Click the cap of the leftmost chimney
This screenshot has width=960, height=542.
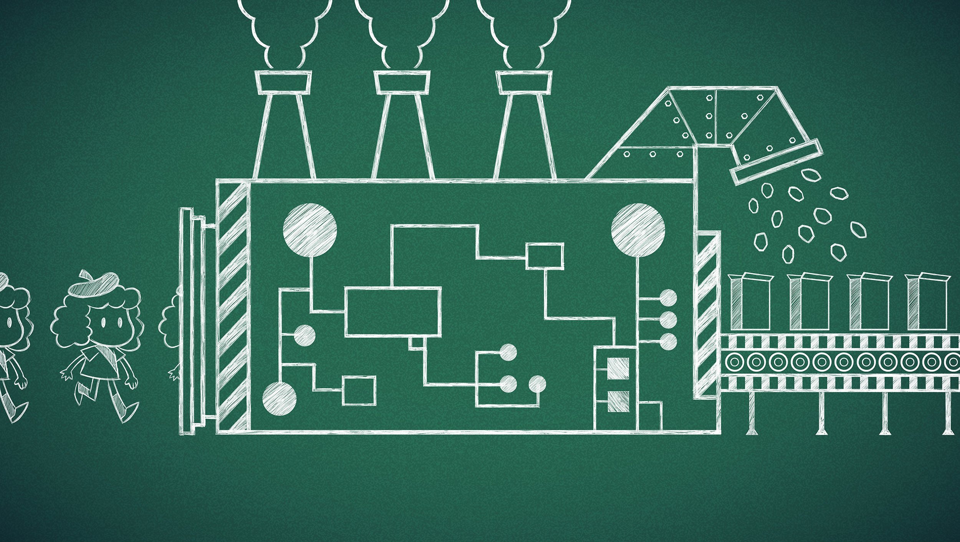pos(283,82)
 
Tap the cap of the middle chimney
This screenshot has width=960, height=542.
pos(402,82)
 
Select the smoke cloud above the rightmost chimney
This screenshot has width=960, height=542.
pos(523,31)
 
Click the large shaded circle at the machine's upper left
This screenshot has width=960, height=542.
pos(310,230)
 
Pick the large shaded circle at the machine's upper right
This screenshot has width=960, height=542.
pos(638,230)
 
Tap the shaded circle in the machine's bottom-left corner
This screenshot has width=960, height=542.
pos(279,399)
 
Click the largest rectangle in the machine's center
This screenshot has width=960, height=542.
pos(393,312)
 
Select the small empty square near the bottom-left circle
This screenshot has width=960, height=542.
pos(359,390)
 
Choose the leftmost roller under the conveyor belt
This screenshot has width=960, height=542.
pos(734,361)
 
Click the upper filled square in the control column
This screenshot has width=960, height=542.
pos(618,369)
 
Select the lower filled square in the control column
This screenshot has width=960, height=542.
pos(618,402)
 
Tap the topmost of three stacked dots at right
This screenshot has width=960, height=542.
pos(668,297)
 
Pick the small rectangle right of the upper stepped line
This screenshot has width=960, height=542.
pos(545,255)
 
